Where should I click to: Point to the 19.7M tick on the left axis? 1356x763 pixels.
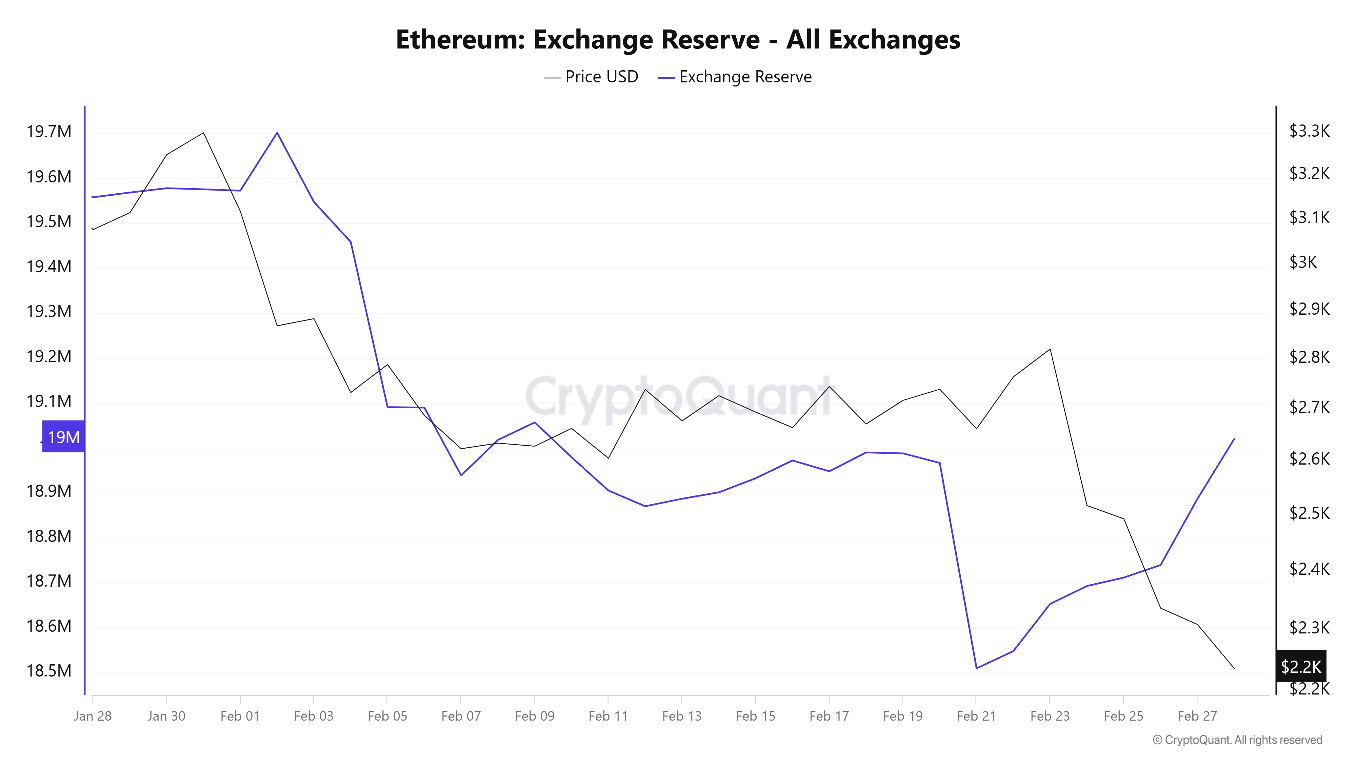click(x=49, y=132)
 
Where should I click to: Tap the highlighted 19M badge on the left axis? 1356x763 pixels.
click(x=63, y=437)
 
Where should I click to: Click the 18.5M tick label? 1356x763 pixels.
click(x=49, y=671)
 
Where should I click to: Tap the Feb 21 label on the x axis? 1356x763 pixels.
click(x=976, y=716)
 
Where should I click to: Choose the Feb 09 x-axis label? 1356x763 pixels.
click(x=534, y=716)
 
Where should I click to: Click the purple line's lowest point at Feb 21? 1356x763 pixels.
click(x=976, y=668)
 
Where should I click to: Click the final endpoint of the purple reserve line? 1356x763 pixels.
click(x=1234, y=438)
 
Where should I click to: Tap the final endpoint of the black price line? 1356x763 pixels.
click(x=1234, y=668)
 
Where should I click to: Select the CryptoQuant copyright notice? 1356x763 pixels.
click(x=1237, y=740)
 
